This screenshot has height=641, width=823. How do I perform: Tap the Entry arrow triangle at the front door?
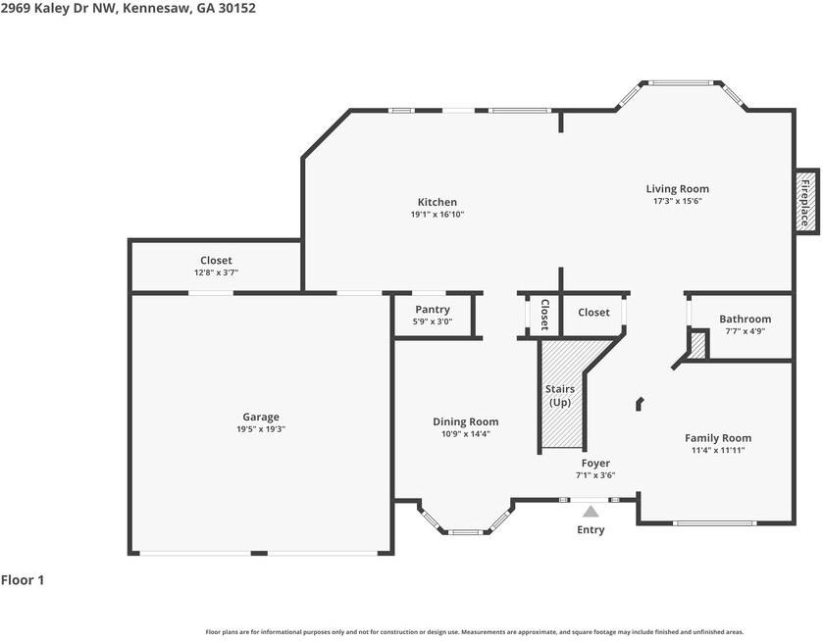pyautogui.click(x=591, y=511)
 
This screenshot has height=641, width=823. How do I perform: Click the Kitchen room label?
pyautogui.click(x=437, y=203)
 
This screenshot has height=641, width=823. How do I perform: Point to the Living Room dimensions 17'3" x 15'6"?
pyautogui.click(x=677, y=201)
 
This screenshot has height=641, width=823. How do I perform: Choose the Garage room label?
pyautogui.click(x=261, y=417)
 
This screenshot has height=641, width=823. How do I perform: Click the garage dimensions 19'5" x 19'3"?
pyautogui.click(x=261, y=429)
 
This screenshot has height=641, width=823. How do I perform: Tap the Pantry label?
pyautogui.click(x=432, y=310)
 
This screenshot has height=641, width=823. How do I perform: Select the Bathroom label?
pyautogui.click(x=745, y=319)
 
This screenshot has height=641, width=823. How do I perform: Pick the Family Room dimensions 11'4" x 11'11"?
pyautogui.click(x=718, y=451)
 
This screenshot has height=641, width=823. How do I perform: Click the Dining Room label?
pyautogui.click(x=465, y=422)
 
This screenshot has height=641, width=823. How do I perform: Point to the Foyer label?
pyautogui.click(x=594, y=464)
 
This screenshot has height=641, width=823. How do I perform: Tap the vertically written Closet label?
pyautogui.click(x=544, y=314)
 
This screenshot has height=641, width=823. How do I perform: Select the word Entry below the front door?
pyautogui.click(x=591, y=530)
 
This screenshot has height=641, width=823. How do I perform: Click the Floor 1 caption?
pyautogui.click(x=23, y=580)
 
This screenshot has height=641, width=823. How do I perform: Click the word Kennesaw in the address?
pyautogui.click(x=157, y=8)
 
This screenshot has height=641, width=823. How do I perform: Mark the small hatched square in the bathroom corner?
pyautogui.click(x=697, y=345)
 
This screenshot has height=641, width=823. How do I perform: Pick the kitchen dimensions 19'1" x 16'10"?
pyautogui.click(x=437, y=215)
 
